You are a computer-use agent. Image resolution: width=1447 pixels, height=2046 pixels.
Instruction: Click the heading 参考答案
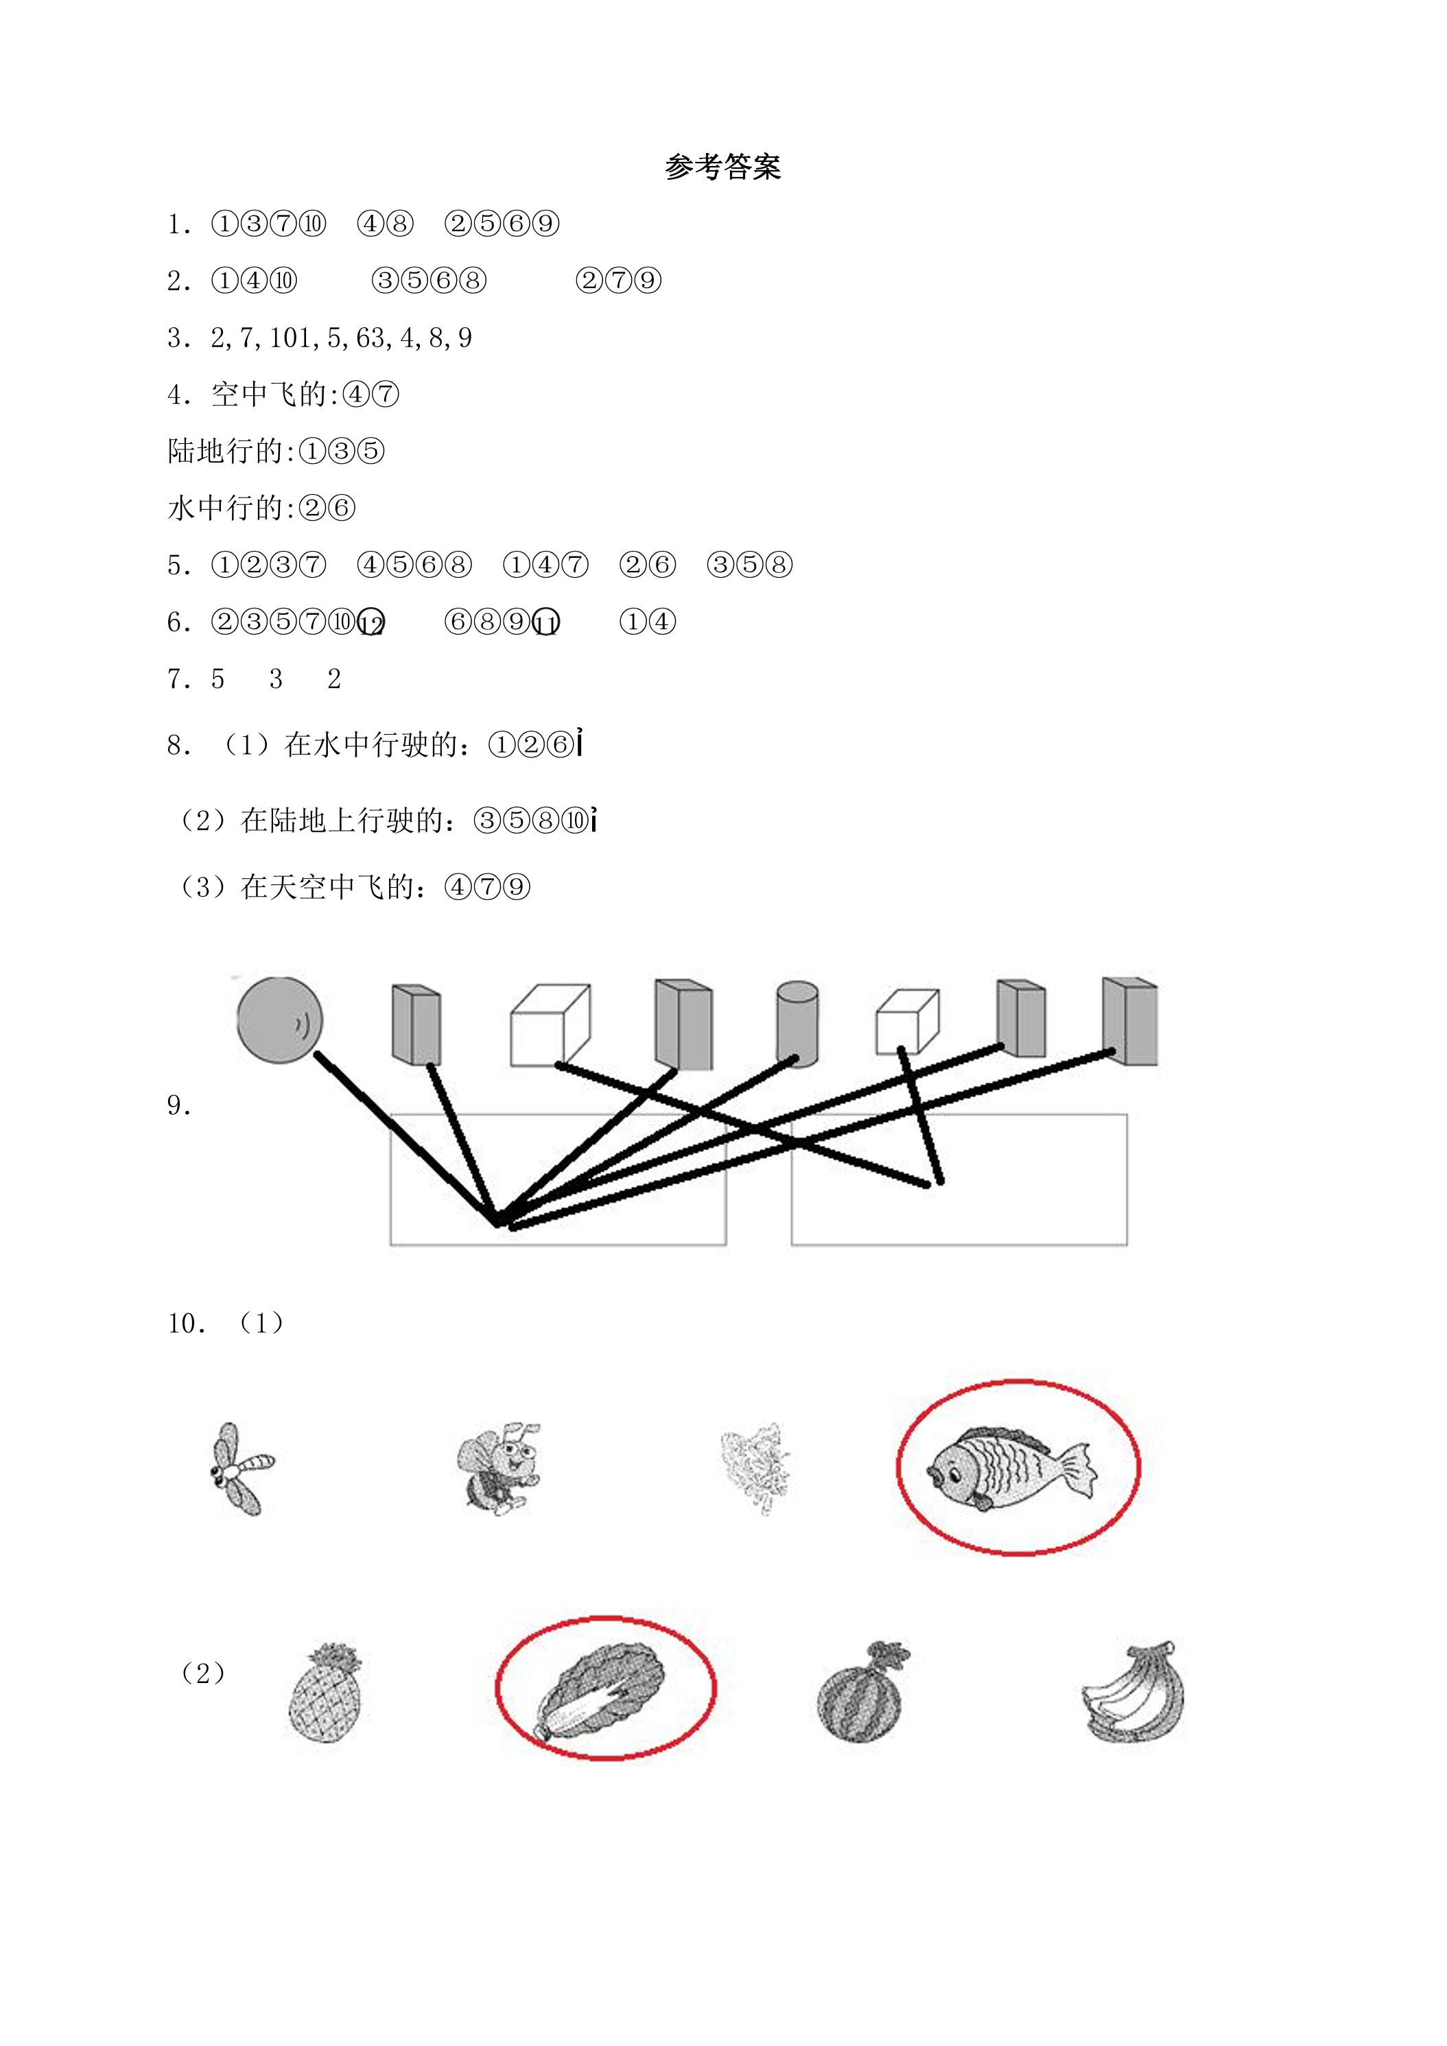point(722,167)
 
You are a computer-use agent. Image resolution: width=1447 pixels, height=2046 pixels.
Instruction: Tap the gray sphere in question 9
point(280,1020)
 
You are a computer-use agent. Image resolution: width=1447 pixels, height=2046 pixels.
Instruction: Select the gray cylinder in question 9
point(797,1024)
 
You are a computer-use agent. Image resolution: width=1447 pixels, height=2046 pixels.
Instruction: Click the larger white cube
point(550,1026)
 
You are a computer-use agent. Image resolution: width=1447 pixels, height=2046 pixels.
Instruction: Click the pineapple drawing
point(326,1693)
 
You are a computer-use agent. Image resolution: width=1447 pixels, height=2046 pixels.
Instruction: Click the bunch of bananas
point(1133,1691)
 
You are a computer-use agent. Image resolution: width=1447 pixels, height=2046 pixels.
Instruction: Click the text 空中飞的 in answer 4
point(269,395)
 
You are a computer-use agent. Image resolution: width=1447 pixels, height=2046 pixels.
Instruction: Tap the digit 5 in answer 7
point(218,679)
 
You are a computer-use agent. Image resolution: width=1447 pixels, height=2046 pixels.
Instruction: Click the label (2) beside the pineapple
point(203,1673)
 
